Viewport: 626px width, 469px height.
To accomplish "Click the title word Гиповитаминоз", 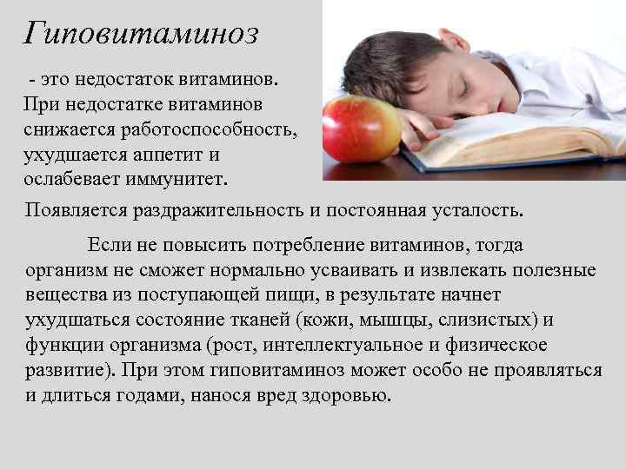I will point(141,33).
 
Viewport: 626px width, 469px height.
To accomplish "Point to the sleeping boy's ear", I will point(451,40).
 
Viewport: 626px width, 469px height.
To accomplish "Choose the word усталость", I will point(477,210).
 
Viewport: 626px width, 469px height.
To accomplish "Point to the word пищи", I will point(305,295).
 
